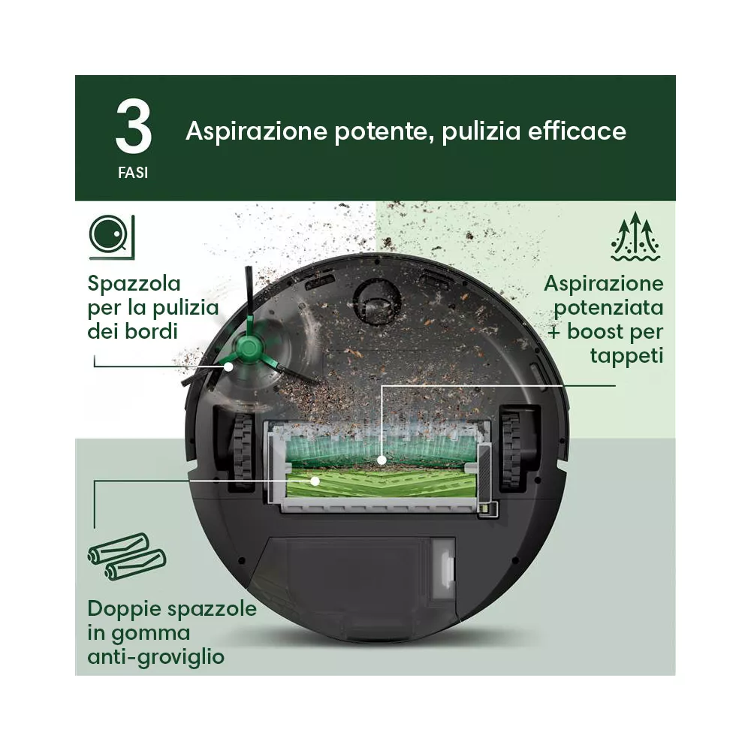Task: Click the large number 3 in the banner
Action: click(x=134, y=126)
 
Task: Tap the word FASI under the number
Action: click(x=133, y=173)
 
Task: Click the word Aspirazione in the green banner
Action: click(x=256, y=131)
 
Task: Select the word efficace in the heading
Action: click(x=577, y=131)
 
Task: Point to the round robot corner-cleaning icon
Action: click(x=112, y=237)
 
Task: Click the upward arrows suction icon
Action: click(x=635, y=236)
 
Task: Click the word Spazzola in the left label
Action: click(x=134, y=284)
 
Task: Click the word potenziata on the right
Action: click(x=608, y=308)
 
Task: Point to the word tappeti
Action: click(x=626, y=356)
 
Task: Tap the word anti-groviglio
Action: click(x=155, y=656)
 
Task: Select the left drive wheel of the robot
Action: click(x=243, y=450)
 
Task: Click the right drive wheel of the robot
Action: click(x=511, y=450)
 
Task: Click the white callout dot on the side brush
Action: click(x=229, y=367)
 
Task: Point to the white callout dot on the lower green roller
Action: click(x=315, y=481)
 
